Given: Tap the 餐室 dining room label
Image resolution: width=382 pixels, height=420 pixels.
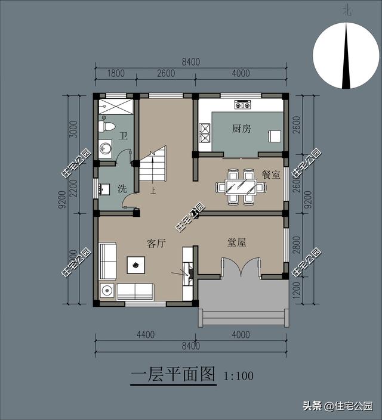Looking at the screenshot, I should point(271,175).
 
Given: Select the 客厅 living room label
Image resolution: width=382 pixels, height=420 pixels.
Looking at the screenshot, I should point(156,243).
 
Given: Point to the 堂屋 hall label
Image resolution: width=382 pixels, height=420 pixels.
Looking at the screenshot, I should point(236,242).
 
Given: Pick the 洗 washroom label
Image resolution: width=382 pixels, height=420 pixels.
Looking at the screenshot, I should point(122,189).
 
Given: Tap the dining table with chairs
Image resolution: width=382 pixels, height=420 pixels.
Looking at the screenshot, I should point(241,187).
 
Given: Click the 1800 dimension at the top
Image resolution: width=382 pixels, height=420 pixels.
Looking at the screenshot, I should point(115,74).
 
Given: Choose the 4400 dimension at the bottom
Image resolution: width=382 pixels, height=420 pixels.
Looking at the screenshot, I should point(146,335).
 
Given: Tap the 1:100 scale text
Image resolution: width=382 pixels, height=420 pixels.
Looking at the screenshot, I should point(239,376).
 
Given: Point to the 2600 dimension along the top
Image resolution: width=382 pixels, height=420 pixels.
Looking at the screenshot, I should point(166,74).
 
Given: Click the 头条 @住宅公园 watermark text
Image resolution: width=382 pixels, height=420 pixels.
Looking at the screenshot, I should point(337,406).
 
